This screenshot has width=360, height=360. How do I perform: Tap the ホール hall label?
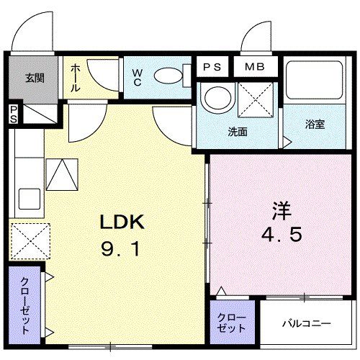coord(76,78)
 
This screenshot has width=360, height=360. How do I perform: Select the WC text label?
coord(138,76)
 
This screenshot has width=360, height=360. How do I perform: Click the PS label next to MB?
coord(212,68)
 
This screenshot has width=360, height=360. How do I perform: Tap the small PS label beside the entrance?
coord(13,114)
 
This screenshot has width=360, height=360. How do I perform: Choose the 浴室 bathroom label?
coord(315,124)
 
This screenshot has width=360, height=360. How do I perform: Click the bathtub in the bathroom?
coord(315,83)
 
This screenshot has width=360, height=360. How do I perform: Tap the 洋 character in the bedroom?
coord(282,212)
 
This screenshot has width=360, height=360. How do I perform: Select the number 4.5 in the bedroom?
coord(282,235)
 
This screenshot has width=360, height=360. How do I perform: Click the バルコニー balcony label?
coord(305,323)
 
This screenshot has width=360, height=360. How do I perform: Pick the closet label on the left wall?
coord(25,304)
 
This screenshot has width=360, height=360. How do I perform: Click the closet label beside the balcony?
coord(231,323)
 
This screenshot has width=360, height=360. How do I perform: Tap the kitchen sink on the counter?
coord(28,197)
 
